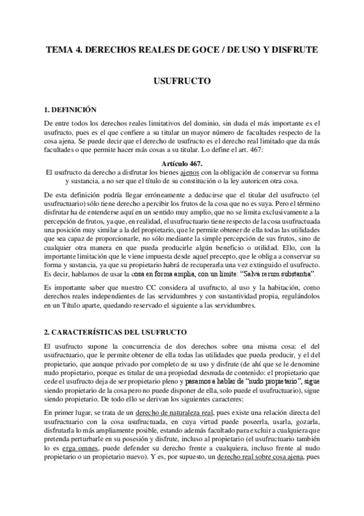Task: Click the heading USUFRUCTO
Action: tap(182, 80)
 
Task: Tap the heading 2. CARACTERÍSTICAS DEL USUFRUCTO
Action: tap(115, 332)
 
